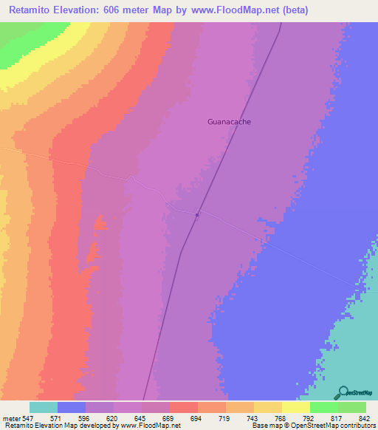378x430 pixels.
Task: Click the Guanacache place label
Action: click(229, 122)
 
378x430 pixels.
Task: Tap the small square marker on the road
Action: click(197, 215)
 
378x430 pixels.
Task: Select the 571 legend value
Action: click(71, 417)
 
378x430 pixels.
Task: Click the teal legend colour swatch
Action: click(44, 407)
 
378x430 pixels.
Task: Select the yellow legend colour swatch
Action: click(296, 407)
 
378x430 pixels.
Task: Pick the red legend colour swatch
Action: click(184, 407)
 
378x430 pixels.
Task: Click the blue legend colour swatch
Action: click(72, 407)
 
